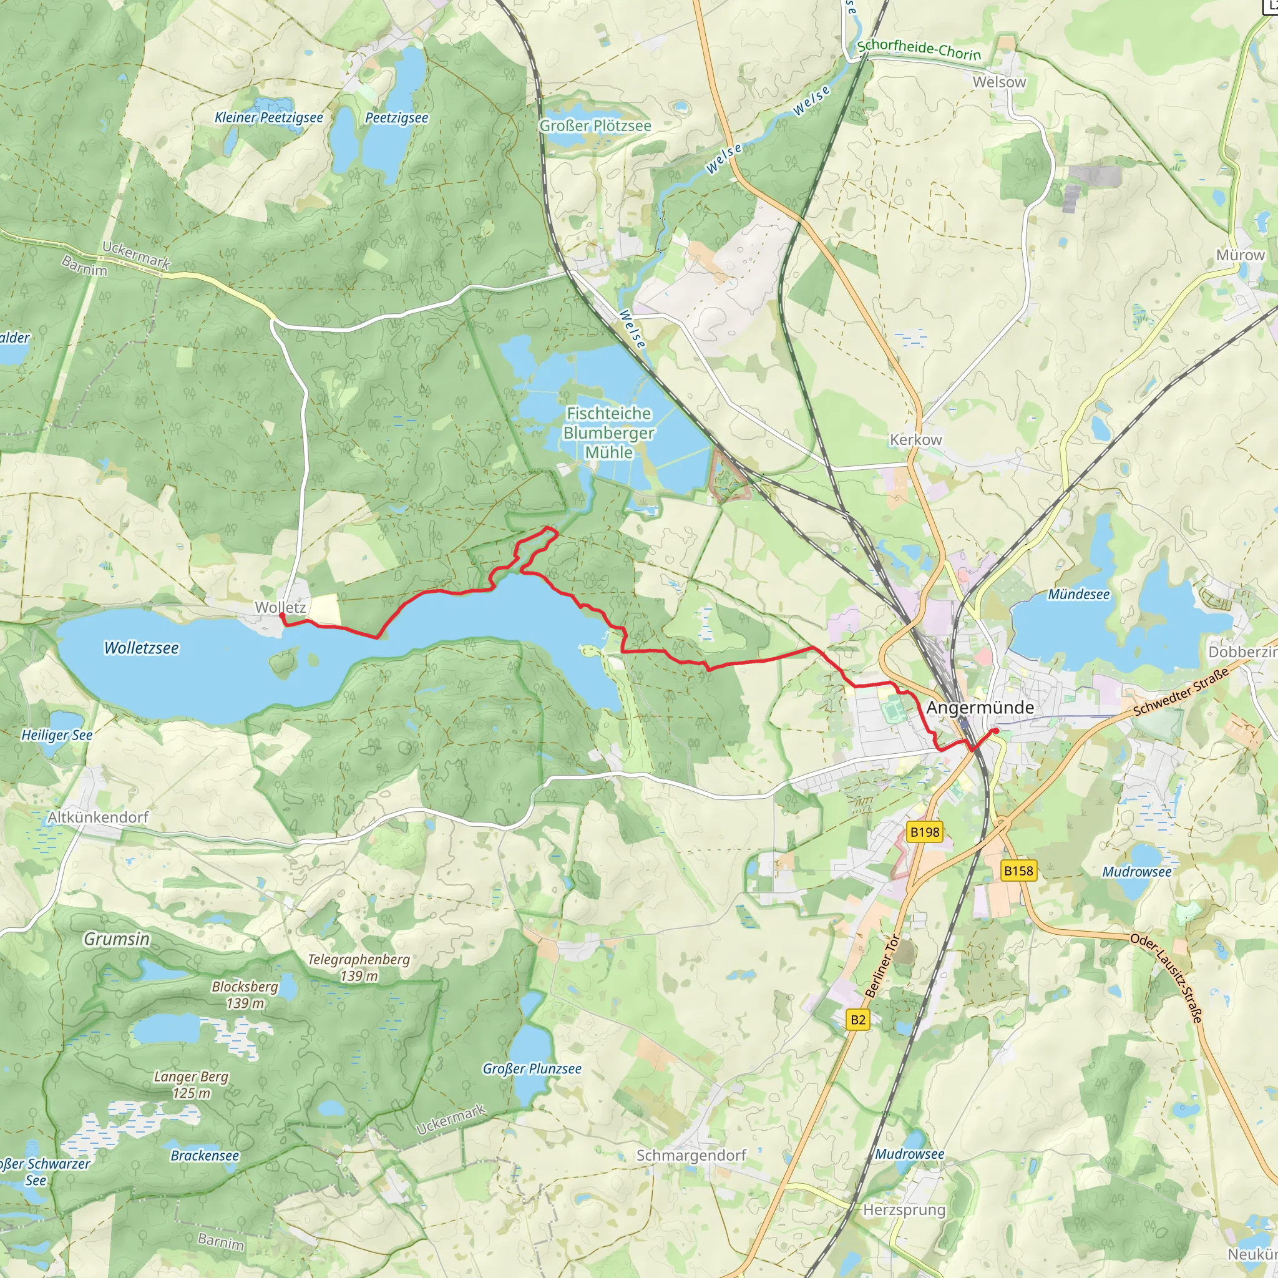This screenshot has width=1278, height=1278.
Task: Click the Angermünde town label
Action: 980,708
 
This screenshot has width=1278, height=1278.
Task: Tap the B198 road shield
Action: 924,832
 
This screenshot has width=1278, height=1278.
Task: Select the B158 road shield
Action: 1018,871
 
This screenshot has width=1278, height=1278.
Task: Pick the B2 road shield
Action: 858,1020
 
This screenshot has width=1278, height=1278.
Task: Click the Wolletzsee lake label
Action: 142,648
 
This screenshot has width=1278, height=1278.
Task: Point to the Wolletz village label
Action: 280,607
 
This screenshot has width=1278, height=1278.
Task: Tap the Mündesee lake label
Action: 1078,595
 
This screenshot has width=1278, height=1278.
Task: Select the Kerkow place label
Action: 915,440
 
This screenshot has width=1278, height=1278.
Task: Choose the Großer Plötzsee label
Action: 595,125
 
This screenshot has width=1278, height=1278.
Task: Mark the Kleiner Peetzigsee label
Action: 268,118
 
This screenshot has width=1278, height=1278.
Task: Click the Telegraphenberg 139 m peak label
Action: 359,967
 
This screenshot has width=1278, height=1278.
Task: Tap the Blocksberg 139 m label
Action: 245,994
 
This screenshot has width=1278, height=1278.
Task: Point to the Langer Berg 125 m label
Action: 191,1085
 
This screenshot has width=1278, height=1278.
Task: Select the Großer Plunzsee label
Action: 532,1069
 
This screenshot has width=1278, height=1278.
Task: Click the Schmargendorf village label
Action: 691,1156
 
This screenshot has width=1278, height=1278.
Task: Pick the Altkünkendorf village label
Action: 98,817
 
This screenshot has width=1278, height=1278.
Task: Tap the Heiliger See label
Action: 57,735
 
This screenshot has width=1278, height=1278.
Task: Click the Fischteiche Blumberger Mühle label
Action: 608,432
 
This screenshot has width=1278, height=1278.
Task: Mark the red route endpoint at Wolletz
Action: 282,616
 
